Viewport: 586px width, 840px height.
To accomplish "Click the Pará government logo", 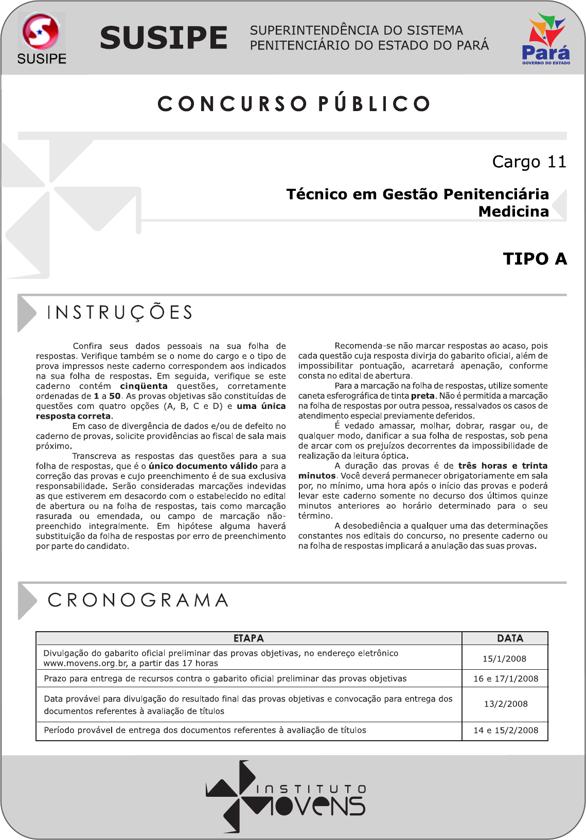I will tap(546, 39).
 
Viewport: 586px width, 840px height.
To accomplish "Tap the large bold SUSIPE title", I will tap(164, 38).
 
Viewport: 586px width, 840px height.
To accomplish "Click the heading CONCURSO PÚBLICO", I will tap(294, 104).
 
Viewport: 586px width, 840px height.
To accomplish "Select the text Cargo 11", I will tap(529, 162).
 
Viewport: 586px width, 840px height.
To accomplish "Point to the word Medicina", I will tap(513, 211).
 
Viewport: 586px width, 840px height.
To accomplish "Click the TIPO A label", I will tap(535, 259).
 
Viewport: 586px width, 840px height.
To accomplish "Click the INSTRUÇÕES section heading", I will tap(120, 313).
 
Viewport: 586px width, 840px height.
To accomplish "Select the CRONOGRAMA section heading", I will tap(138, 600).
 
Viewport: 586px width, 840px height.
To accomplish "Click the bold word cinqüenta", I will tap(144, 386).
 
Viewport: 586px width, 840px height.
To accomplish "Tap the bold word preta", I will tap(422, 396).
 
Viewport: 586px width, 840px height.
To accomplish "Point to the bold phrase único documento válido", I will tap(203, 466).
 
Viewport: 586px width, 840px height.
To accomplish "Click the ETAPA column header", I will tap(248, 638).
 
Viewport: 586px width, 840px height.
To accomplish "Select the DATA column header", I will tap(510, 638).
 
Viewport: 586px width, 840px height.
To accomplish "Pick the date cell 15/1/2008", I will tap(504, 658).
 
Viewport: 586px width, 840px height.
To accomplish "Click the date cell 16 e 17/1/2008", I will tap(506, 678).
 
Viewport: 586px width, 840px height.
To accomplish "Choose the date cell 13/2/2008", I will tap(506, 704).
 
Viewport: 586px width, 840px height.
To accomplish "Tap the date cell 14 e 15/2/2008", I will tap(506, 730).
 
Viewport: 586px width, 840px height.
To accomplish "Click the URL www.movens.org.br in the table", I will tap(85, 664).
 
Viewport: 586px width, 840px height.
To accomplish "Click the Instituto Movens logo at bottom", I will tap(286, 796).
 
